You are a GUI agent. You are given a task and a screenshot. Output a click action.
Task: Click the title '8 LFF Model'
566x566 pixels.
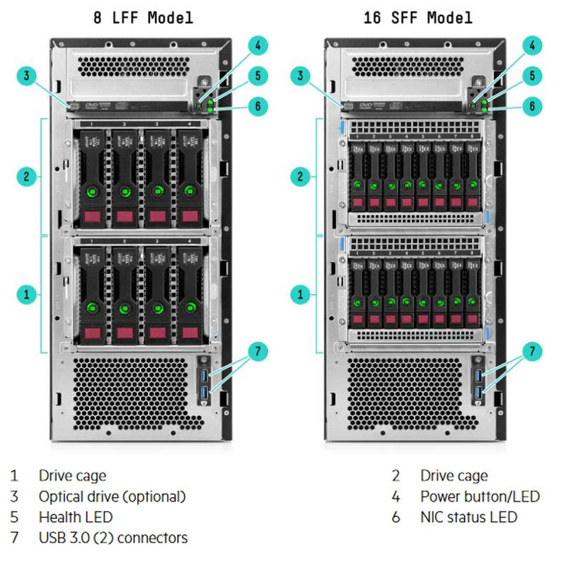coord(143,18)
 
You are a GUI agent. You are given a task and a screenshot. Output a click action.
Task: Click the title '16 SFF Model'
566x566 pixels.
coord(418,18)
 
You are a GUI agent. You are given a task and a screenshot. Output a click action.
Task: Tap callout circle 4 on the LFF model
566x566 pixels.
coord(258,45)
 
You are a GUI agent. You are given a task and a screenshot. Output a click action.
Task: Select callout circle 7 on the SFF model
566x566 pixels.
coord(532,350)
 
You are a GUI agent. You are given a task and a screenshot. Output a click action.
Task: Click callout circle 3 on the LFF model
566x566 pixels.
coord(25,75)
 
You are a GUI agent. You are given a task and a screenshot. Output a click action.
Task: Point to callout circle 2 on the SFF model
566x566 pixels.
coord(300,176)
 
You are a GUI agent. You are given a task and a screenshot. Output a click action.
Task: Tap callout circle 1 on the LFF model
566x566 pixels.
coord(25,293)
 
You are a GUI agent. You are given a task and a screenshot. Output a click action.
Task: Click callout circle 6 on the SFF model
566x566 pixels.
coord(532,106)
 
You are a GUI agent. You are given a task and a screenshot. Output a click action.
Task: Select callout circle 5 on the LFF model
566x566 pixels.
coord(258,76)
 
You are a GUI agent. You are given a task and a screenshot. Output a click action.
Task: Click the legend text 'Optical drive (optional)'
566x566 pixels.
coord(112,497)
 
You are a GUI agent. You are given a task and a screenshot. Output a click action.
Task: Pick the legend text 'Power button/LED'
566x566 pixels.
coord(479,497)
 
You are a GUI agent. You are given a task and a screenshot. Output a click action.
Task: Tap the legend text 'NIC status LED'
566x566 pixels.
coord(468,517)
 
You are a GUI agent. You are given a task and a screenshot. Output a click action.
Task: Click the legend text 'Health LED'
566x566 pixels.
coord(75,517)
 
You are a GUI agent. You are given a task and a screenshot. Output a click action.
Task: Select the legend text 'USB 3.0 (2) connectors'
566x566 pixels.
coord(113,538)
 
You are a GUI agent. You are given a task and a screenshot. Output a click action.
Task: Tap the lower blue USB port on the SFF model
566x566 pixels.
coord(480,393)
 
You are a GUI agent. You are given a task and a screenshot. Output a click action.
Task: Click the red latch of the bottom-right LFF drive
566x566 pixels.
coord(189,333)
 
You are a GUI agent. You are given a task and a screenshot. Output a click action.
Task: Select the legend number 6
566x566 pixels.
coord(395,517)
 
